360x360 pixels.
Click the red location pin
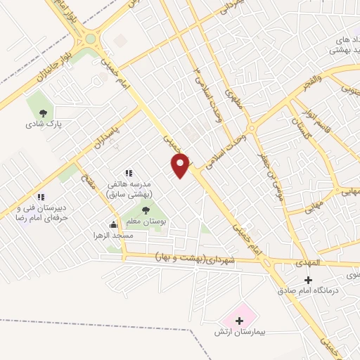(x=181, y=165)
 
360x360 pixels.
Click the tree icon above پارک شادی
(x=44, y=112)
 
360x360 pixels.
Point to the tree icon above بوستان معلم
(x=146, y=210)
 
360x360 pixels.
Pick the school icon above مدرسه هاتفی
(x=128, y=172)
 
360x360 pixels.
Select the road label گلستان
(x=301, y=128)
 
